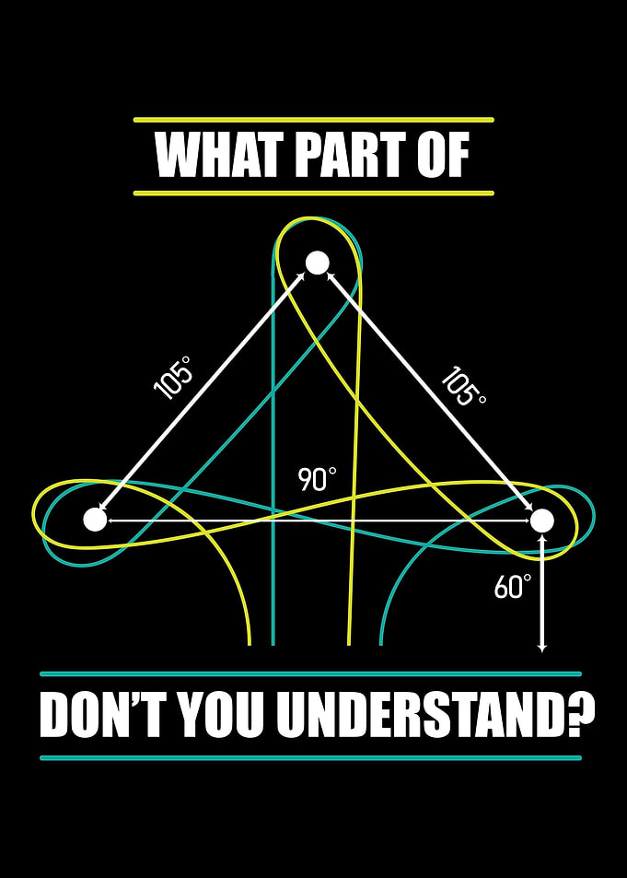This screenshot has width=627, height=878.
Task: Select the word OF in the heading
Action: tap(442, 157)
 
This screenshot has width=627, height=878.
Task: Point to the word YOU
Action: tap(225, 716)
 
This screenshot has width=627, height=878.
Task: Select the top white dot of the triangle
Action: tap(317, 263)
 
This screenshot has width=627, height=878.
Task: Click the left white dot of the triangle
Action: tap(95, 520)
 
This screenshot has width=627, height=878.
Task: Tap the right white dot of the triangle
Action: tap(542, 521)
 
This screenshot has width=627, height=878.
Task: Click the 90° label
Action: tap(318, 480)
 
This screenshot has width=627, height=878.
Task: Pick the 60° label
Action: tap(512, 587)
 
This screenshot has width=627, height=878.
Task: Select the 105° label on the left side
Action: tap(172, 378)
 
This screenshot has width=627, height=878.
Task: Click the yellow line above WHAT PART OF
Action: tap(313, 119)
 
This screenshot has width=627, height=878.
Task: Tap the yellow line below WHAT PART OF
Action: tap(313, 193)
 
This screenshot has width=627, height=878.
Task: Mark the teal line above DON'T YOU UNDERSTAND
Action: tap(310, 674)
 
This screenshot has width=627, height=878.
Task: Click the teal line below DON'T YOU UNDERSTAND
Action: tap(310, 758)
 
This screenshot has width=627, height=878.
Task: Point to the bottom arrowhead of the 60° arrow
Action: tap(542, 649)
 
